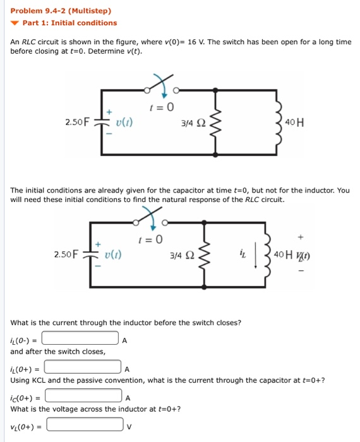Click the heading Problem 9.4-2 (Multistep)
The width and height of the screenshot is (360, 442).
coord(61,11)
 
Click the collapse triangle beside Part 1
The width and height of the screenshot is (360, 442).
coord(16,23)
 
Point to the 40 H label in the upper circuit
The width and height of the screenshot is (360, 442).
coord(294,122)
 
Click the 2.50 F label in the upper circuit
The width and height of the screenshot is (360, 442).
coord(78,122)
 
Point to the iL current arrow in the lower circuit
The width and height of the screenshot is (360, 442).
coord(256,255)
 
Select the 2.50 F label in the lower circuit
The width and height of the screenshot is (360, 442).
coord(66,254)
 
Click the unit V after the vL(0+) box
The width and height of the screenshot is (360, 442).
coord(128,426)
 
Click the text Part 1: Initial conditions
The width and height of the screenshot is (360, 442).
coord(69,23)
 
